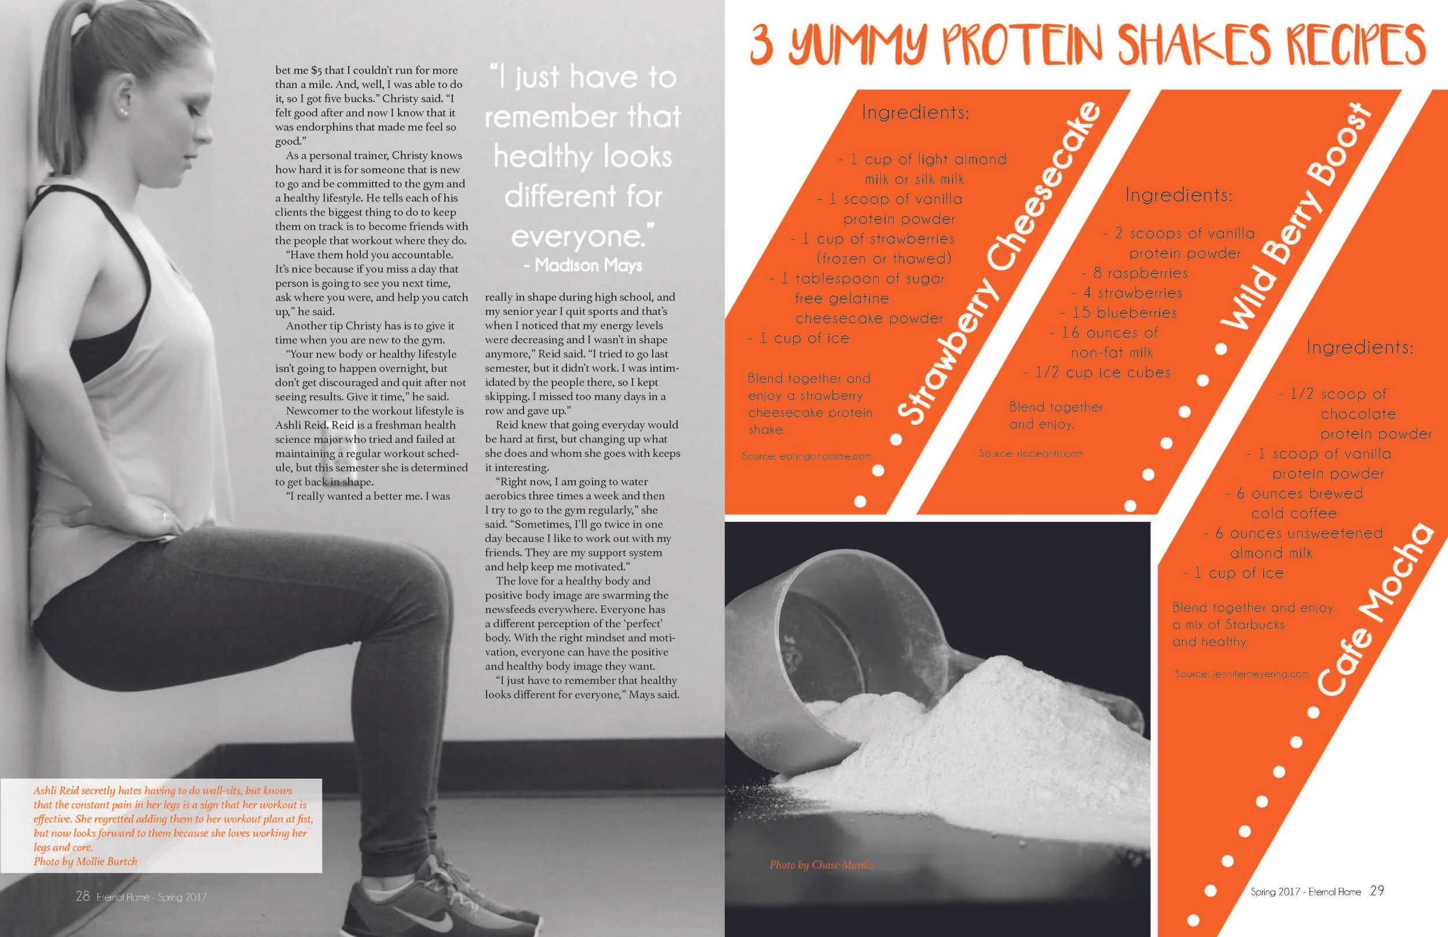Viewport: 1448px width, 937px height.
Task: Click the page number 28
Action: coord(83,896)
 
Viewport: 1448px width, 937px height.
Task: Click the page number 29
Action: coord(1377,891)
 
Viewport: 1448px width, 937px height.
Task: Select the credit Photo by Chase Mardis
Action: coord(821,865)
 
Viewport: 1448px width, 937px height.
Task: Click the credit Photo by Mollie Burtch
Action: coord(85,862)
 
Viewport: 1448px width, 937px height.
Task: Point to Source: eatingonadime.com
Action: coord(806,456)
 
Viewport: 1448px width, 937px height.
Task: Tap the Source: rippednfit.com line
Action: coord(1030,453)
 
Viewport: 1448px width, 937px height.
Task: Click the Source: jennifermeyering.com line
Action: coord(1241,674)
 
